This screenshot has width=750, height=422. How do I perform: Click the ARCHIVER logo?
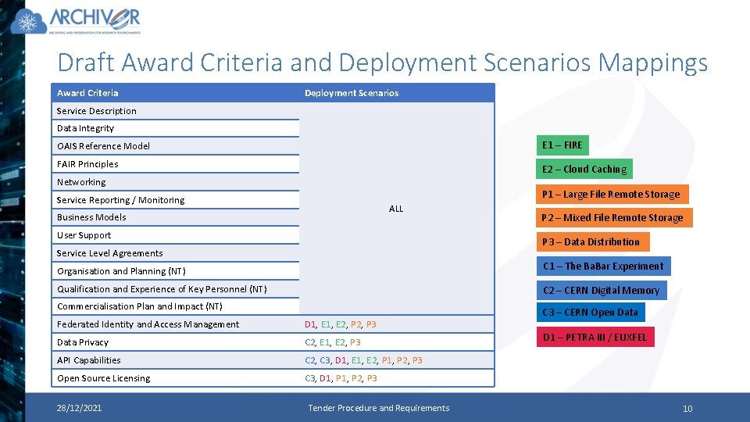(x=76, y=21)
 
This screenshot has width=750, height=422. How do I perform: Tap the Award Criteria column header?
(x=87, y=93)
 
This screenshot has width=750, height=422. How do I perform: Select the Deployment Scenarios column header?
(x=351, y=93)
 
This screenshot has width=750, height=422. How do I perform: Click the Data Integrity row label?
(x=85, y=128)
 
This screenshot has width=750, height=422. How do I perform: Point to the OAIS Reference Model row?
(x=103, y=146)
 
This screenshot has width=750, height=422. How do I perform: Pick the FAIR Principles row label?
(x=87, y=164)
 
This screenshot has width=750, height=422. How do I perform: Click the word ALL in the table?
(x=396, y=209)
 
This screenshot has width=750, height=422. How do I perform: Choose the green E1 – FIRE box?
(x=562, y=145)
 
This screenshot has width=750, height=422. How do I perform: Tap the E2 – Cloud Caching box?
(x=584, y=170)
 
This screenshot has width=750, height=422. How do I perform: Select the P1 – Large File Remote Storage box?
(x=610, y=194)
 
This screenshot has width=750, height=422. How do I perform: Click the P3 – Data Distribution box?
(x=591, y=242)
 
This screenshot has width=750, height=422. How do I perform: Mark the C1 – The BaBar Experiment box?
(x=602, y=266)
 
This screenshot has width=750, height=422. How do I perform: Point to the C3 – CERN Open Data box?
(x=590, y=313)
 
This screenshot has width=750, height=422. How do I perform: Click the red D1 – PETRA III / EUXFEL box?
(x=595, y=338)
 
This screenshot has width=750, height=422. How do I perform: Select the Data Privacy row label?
(x=83, y=342)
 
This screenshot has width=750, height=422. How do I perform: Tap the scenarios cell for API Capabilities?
(x=363, y=360)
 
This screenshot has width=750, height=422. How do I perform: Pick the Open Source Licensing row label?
(x=103, y=378)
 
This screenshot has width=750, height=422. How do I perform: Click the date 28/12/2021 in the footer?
(x=78, y=408)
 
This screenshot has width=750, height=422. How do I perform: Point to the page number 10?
(x=687, y=409)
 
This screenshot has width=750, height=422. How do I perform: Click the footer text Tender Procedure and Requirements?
(x=378, y=408)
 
